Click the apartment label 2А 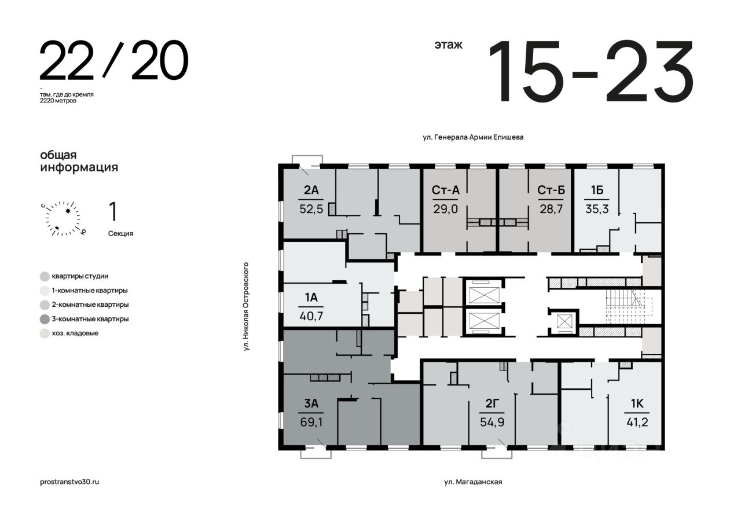pyautogui.click(x=311, y=190)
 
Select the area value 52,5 pyautogui.click(x=311, y=209)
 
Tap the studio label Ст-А pyautogui.click(x=445, y=190)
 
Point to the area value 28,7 pyautogui.click(x=551, y=209)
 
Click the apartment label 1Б pyautogui.click(x=597, y=190)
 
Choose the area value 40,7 pyautogui.click(x=311, y=316)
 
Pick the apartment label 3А pyautogui.click(x=311, y=404)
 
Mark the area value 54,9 pyautogui.click(x=492, y=423)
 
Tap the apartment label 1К pyautogui.click(x=637, y=404)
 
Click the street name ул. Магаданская pyautogui.click(x=473, y=482)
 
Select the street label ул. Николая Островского pyautogui.click(x=246, y=306)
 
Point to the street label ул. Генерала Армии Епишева pyautogui.click(x=473, y=137)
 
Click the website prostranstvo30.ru pyautogui.click(x=69, y=482)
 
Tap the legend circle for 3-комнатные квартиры pyautogui.click(x=45, y=319)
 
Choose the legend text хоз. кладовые pyautogui.click(x=75, y=333)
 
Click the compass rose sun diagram pyautogui.click(x=63, y=219)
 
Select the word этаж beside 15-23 pyautogui.click(x=448, y=45)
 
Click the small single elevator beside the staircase pyautogui.click(x=564, y=321)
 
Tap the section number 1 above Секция pyautogui.click(x=113, y=212)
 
